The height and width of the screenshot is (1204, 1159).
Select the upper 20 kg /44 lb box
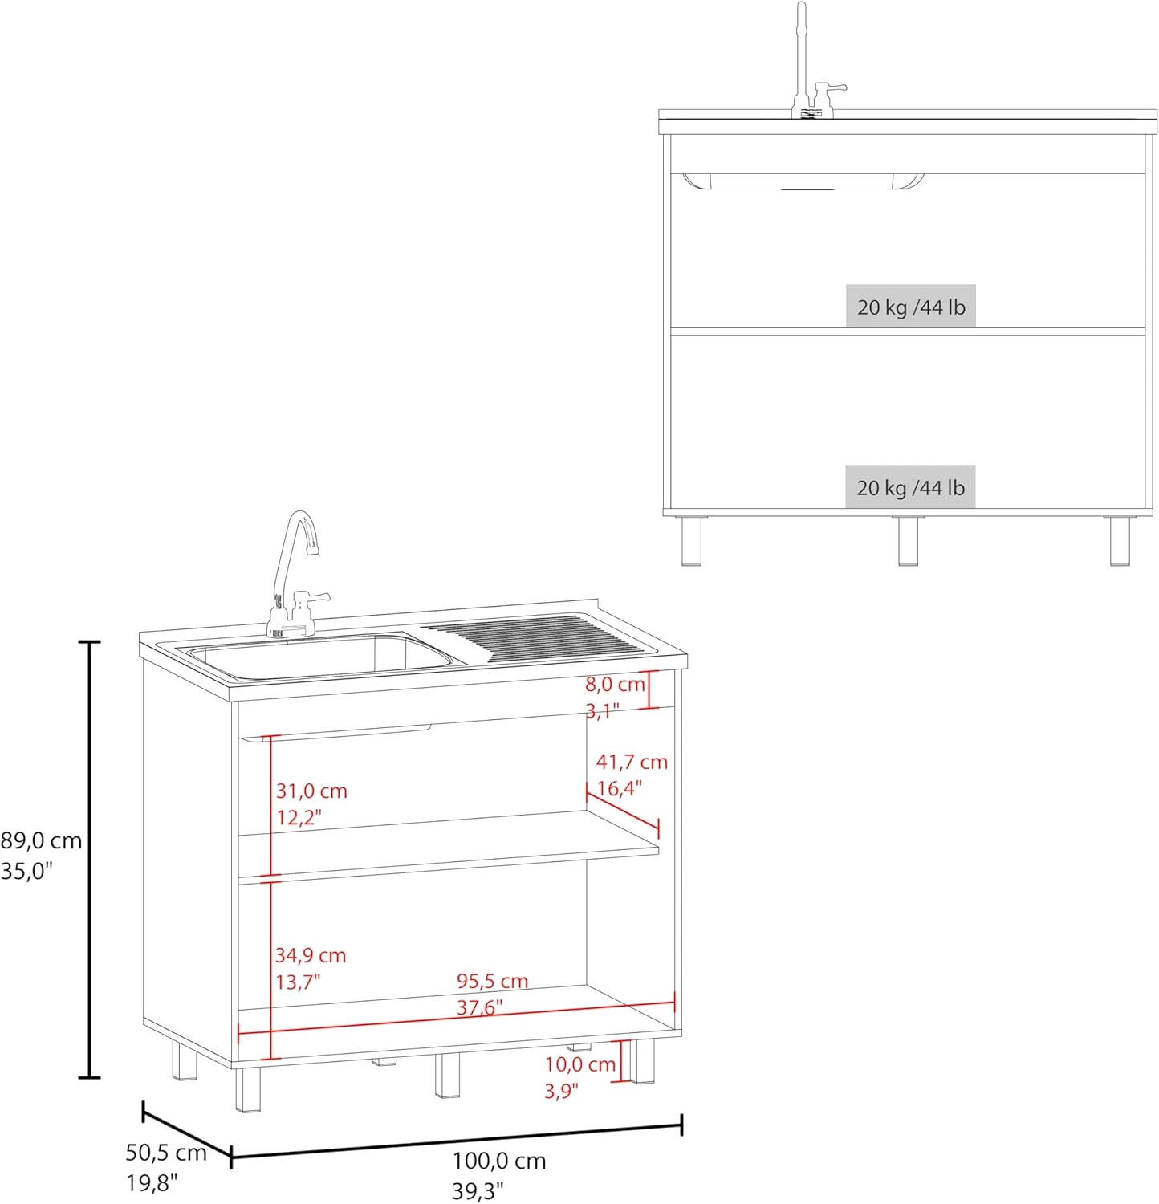[x=911, y=306]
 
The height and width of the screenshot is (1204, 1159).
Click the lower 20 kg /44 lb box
[x=911, y=486]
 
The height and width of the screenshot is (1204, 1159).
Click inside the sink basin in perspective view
[x=321, y=657]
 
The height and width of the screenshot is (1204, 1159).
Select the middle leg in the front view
[x=909, y=540]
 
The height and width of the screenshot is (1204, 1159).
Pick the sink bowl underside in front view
[x=803, y=181]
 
